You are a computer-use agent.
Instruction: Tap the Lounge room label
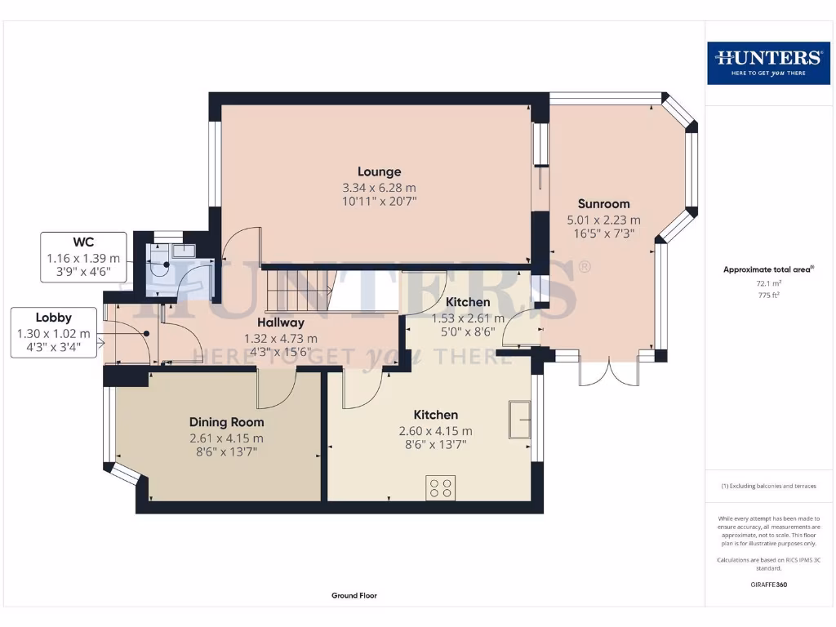coord(379,171)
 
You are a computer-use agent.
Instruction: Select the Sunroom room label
coord(603,203)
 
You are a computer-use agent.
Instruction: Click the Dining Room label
coord(226,422)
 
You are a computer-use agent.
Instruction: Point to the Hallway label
coord(281,322)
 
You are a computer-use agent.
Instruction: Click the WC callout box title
coord(83,242)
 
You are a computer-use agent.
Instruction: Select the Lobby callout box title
coord(54,318)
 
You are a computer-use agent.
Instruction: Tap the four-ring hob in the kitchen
coord(442,488)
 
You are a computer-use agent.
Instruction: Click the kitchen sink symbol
coord(519,419)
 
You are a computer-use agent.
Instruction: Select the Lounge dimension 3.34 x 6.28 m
coord(379,188)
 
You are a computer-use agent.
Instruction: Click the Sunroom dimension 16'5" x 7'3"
coord(603,234)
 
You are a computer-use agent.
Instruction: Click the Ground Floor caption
coord(354,596)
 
